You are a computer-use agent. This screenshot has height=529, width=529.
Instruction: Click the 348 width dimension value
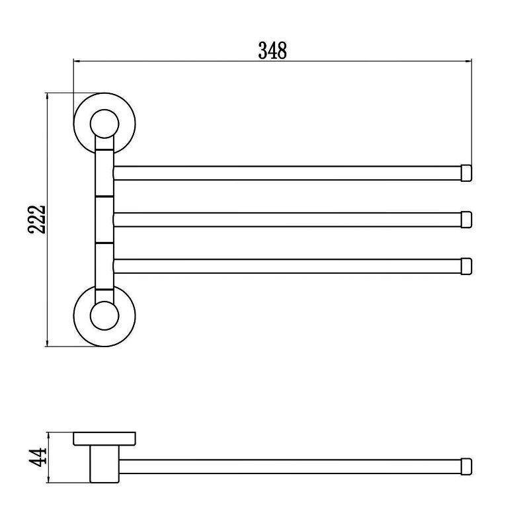tap(272, 50)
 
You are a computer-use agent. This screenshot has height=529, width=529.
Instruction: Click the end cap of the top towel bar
tap(467, 173)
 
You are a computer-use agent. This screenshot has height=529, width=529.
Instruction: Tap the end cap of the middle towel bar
tap(467, 219)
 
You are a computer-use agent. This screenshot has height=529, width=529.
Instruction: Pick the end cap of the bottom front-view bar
tap(467, 266)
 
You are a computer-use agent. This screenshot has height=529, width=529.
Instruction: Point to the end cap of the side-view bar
tap(467, 466)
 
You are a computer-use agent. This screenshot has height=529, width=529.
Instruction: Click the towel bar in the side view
tap(291, 466)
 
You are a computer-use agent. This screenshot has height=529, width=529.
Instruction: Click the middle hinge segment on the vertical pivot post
tap(104, 220)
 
